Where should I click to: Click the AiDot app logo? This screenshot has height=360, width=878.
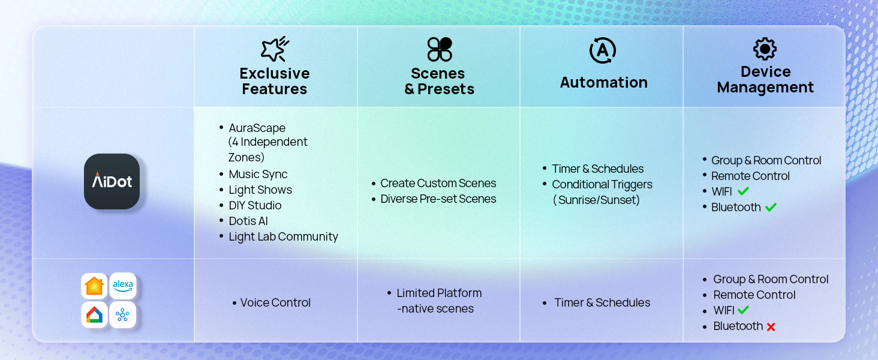click(112, 181)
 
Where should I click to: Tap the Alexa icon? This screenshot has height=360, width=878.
click(123, 286)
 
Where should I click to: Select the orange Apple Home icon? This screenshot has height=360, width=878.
click(94, 286)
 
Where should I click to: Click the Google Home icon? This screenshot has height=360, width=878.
click(94, 314)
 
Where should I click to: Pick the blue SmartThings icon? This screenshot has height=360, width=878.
click(123, 314)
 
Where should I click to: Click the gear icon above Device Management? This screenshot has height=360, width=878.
click(765, 49)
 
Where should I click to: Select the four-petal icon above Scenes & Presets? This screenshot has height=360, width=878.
click(439, 49)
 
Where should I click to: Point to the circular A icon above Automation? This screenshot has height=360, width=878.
click(603, 50)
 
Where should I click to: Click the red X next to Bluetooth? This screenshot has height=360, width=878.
click(771, 327)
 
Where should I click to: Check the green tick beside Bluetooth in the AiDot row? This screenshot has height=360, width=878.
click(771, 207)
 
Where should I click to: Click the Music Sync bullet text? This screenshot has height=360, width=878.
click(258, 174)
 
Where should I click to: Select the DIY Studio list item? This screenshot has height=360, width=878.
click(255, 205)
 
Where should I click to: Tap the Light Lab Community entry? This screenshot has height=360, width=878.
click(283, 236)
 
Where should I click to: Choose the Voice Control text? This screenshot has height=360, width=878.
click(275, 302)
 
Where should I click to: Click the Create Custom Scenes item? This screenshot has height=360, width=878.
click(438, 183)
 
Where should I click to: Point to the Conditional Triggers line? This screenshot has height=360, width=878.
click(602, 184)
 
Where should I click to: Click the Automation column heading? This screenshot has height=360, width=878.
click(603, 82)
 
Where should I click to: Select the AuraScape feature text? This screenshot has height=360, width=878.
click(257, 128)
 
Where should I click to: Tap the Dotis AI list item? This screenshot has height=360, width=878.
click(248, 221)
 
